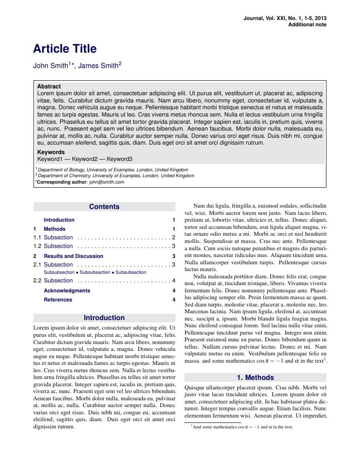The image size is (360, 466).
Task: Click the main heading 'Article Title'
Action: pos(65,49)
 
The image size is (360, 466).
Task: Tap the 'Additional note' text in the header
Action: pos(307,24)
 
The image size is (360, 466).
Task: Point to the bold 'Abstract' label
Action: pos(49,86)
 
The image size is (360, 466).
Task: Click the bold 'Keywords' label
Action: pos(51,152)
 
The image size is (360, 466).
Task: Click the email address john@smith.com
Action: pos(107,182)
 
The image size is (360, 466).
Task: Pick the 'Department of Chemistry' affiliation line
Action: pos(116,175)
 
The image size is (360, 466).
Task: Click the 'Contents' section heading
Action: pos(104,207)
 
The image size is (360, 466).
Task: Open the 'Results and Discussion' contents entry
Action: pos(73,256)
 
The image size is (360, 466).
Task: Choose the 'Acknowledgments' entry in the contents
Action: pos(67,291)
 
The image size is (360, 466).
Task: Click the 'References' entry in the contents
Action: pos(58,300)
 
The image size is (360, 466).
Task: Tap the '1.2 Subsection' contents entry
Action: pos(53,246)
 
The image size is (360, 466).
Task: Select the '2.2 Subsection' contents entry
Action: pos(53,281)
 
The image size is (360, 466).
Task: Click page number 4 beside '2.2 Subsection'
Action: pos(174,281)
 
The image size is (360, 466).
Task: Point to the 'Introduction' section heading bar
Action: pos(104,318)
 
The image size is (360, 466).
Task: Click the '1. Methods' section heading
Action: pos(255,378)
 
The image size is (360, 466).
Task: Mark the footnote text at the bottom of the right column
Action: pos(243,427)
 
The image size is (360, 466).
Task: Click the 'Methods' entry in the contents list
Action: pos(54,229)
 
